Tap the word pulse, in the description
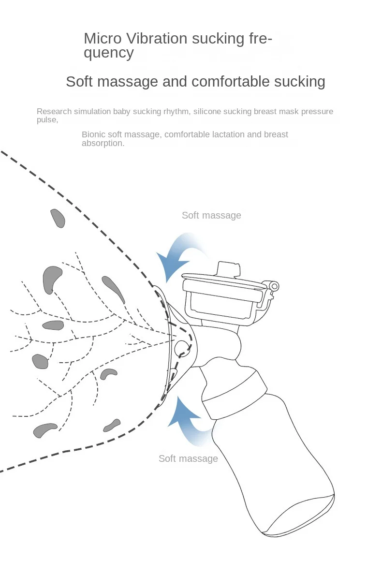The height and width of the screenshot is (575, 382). point(47,120)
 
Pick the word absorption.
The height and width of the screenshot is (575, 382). point(103,143)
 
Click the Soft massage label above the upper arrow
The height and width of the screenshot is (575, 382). point(211,215)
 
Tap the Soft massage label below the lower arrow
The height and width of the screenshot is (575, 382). point(188,458)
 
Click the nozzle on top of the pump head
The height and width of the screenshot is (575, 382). point(229,269)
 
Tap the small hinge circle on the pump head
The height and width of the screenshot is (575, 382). point(274,286)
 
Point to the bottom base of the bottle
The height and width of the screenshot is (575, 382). point(301,515)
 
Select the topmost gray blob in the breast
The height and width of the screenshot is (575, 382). point(58,218)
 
